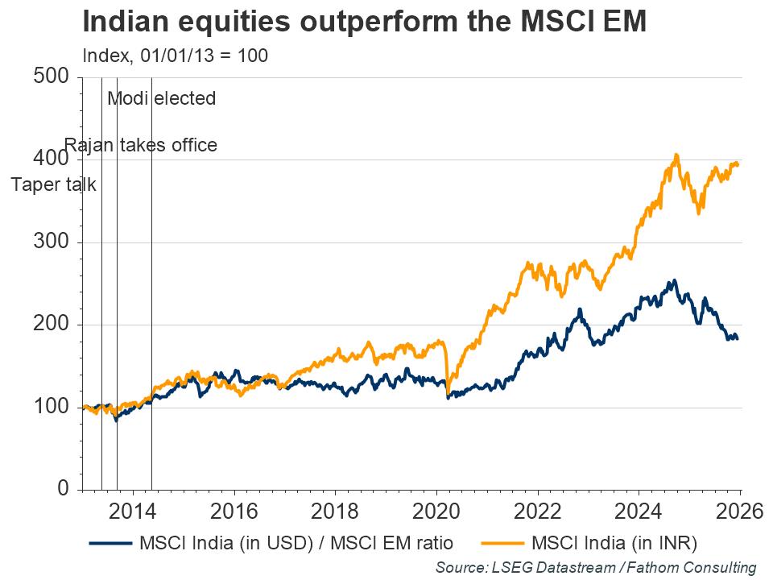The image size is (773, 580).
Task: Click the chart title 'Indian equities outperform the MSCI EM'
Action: click(364, 22)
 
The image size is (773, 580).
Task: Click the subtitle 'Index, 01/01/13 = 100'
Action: click(176, 56)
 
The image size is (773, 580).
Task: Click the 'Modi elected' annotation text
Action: click(162, 99)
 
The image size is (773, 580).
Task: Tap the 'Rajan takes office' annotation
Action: click(141, 146)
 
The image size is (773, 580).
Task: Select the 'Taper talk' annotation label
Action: click(54, 184)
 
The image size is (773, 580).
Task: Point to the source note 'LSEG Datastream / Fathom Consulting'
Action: click(597, 567)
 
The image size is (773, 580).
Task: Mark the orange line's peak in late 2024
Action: click(676, 155)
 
